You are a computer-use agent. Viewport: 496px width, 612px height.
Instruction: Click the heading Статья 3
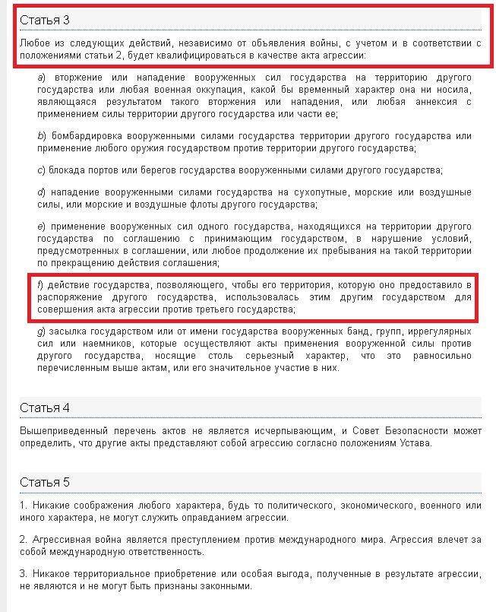45,18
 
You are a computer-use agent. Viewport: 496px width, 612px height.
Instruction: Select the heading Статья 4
45,407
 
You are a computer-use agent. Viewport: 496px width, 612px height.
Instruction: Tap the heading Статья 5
45,482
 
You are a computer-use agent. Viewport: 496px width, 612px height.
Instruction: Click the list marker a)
42,78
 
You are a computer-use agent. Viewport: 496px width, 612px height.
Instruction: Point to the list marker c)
42,168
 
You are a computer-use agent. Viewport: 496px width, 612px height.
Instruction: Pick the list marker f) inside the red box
41,285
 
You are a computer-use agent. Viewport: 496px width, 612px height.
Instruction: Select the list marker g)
42,332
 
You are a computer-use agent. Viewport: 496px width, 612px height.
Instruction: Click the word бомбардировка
87,135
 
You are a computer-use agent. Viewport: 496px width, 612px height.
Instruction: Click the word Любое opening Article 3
35,43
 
